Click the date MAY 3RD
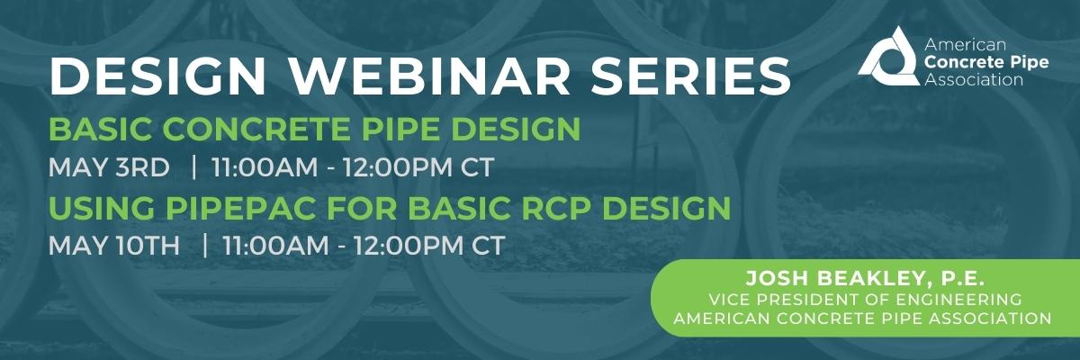108,167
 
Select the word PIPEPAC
247,208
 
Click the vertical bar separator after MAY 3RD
193,167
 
